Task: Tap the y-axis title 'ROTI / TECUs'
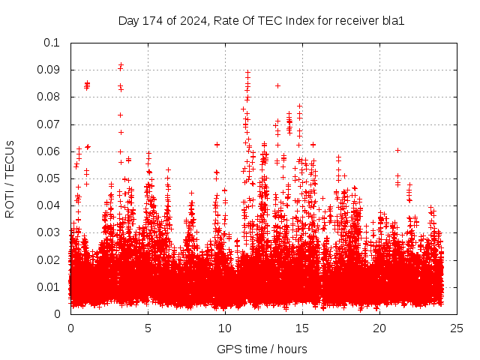[x=10, y=178]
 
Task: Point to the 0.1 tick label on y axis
[x=52, y=43]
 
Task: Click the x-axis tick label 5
[x=148, y=328]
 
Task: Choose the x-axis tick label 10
[x=225, y=328]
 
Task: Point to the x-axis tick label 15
[x=302, y=328]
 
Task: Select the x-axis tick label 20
[x=379, y=328]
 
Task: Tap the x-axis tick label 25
[x=457, y=328]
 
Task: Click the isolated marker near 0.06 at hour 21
[x=397, y=150]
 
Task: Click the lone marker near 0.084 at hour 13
[x=277, y=85]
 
